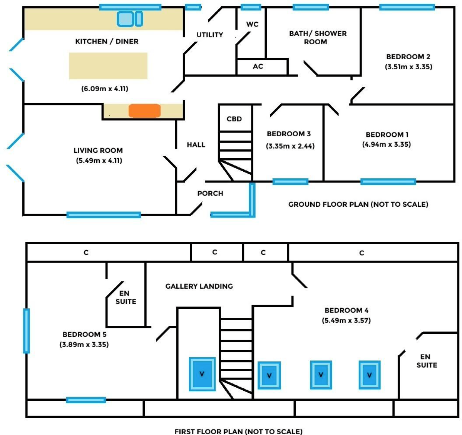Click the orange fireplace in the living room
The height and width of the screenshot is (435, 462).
[144, 111]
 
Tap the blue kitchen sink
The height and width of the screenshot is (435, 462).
[129, 19]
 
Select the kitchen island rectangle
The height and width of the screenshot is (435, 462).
[108, 66]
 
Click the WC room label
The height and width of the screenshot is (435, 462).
[252, 24]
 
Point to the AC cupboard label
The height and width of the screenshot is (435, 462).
[258, 66]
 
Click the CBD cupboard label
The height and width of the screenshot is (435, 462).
[234, 119]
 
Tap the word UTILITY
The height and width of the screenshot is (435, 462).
[210, 35]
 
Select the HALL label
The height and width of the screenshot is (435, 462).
[196, 145]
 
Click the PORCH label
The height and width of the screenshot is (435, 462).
[210, 193]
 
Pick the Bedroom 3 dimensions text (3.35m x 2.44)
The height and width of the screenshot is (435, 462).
[290, 146]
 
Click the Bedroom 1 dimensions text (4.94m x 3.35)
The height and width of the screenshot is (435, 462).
[386, 144]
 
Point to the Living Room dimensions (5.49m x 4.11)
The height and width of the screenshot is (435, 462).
[99, 161]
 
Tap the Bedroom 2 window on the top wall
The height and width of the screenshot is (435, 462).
[407, 7]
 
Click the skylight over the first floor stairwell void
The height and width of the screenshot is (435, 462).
[202, 374]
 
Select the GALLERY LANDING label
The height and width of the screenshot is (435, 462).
[199, 286]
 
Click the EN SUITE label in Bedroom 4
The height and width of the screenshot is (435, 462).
[426, 361]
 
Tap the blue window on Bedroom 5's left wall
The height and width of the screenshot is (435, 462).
[26, 330]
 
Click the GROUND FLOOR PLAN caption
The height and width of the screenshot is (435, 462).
[358, 204]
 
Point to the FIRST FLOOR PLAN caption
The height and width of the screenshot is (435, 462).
[238, 431]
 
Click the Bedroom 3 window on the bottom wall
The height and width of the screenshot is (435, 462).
[290, 182]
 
